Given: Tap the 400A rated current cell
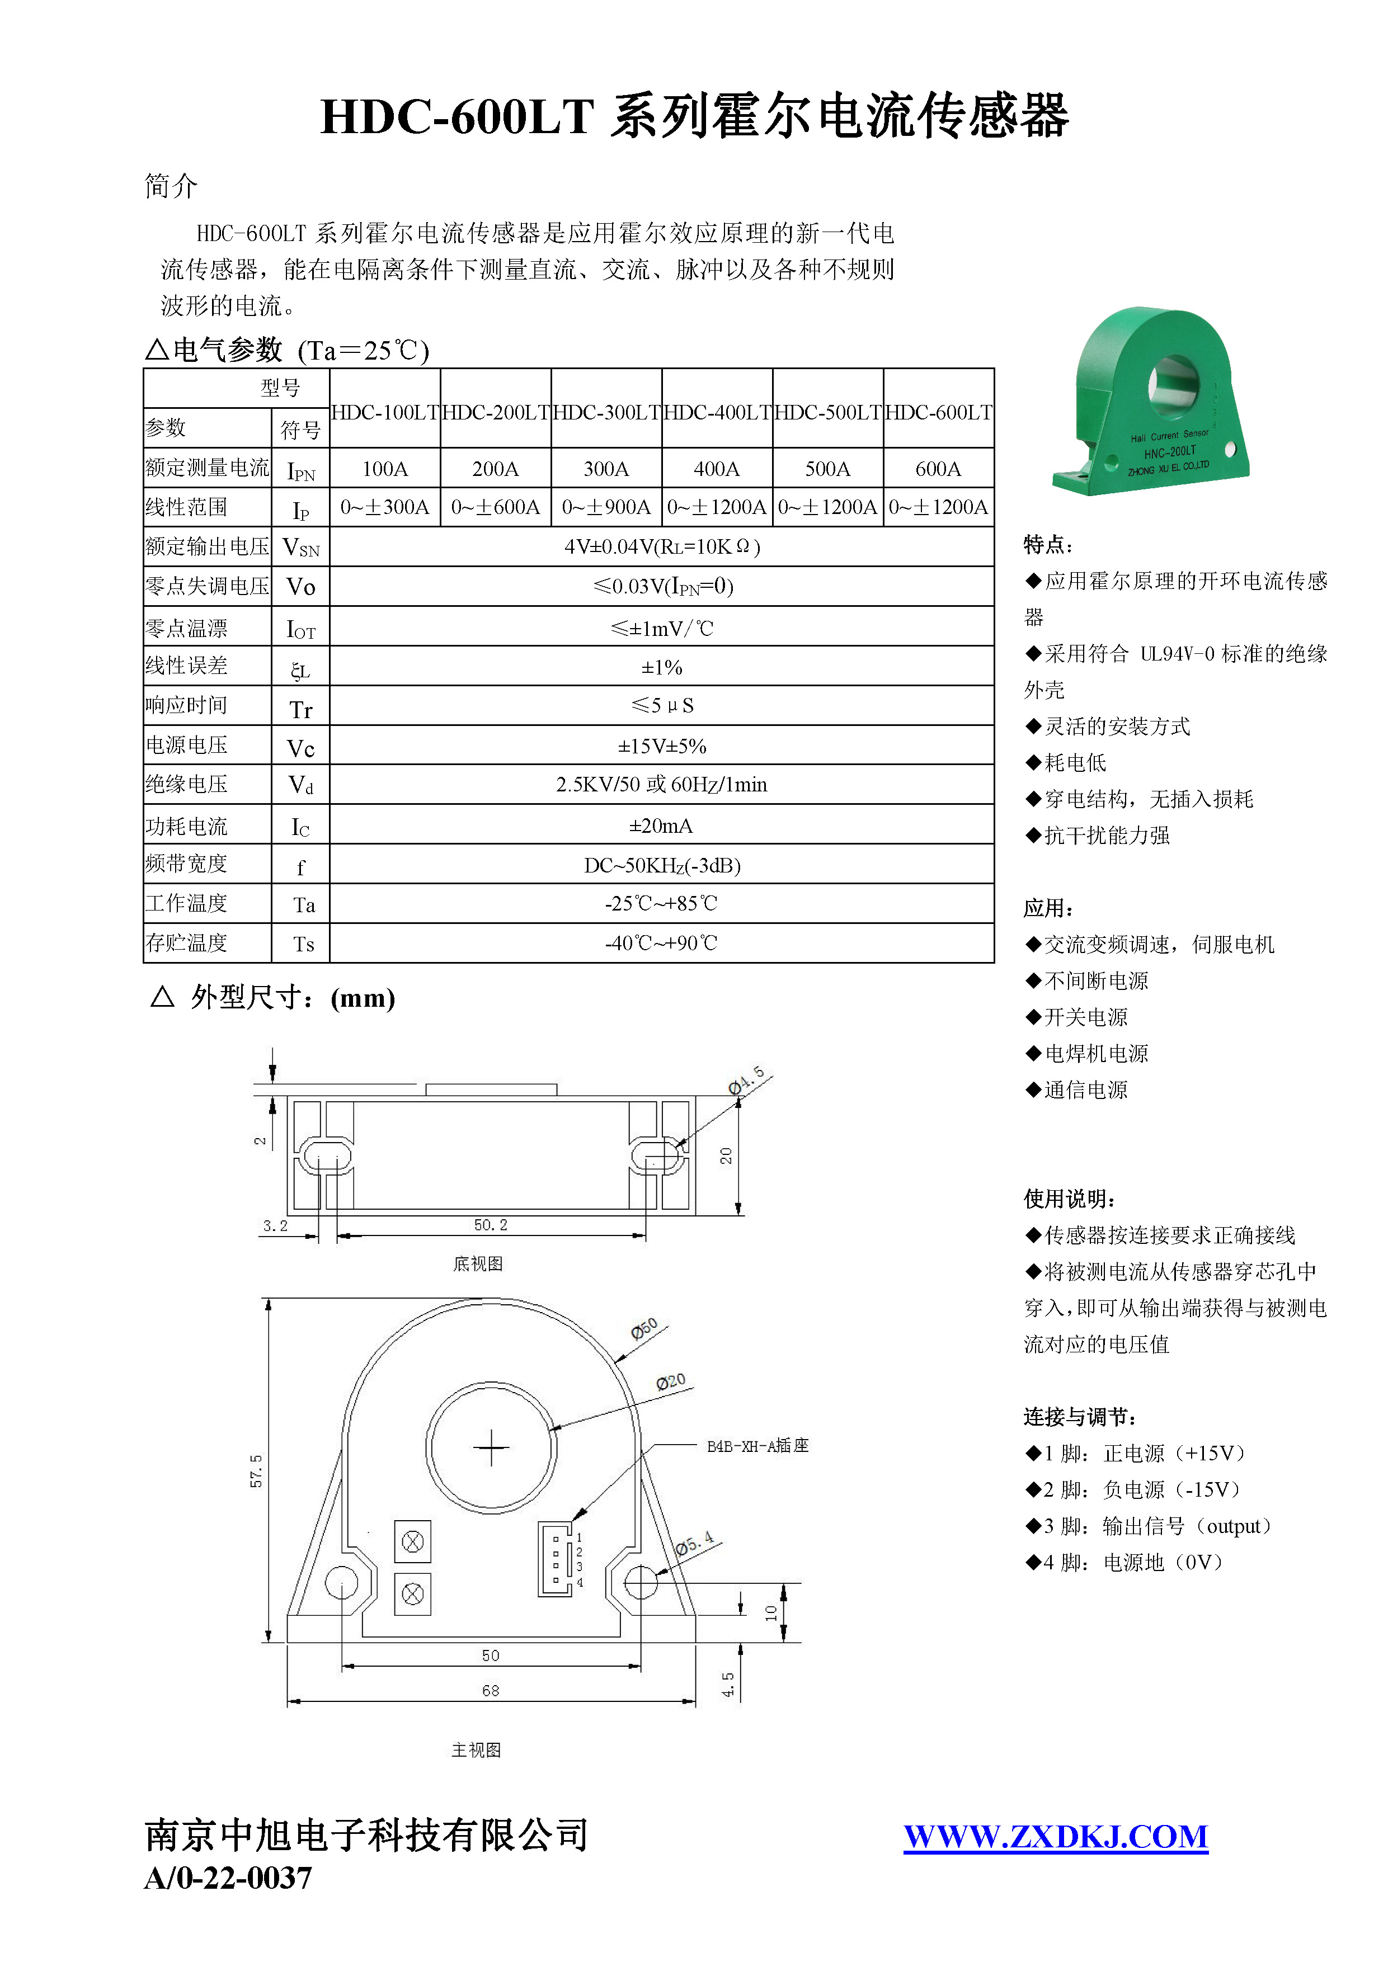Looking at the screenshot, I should click(716, 468).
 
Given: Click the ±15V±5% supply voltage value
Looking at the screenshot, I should click(661, 746).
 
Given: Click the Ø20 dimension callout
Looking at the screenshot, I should click(671, 1382).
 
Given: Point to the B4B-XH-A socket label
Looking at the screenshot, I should click(756, 1446).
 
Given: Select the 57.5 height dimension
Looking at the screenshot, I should click(256, 1470).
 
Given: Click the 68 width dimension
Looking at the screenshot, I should click(491, 1690).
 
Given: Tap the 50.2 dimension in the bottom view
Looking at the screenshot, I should click(491, 1224).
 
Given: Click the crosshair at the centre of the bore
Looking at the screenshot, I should click(491, 1447).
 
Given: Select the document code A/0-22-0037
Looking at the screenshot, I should click(228, 1878).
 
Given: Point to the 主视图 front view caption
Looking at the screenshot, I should click(476, 1750).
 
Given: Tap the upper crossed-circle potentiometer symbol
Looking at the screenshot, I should click(413, 1541).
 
